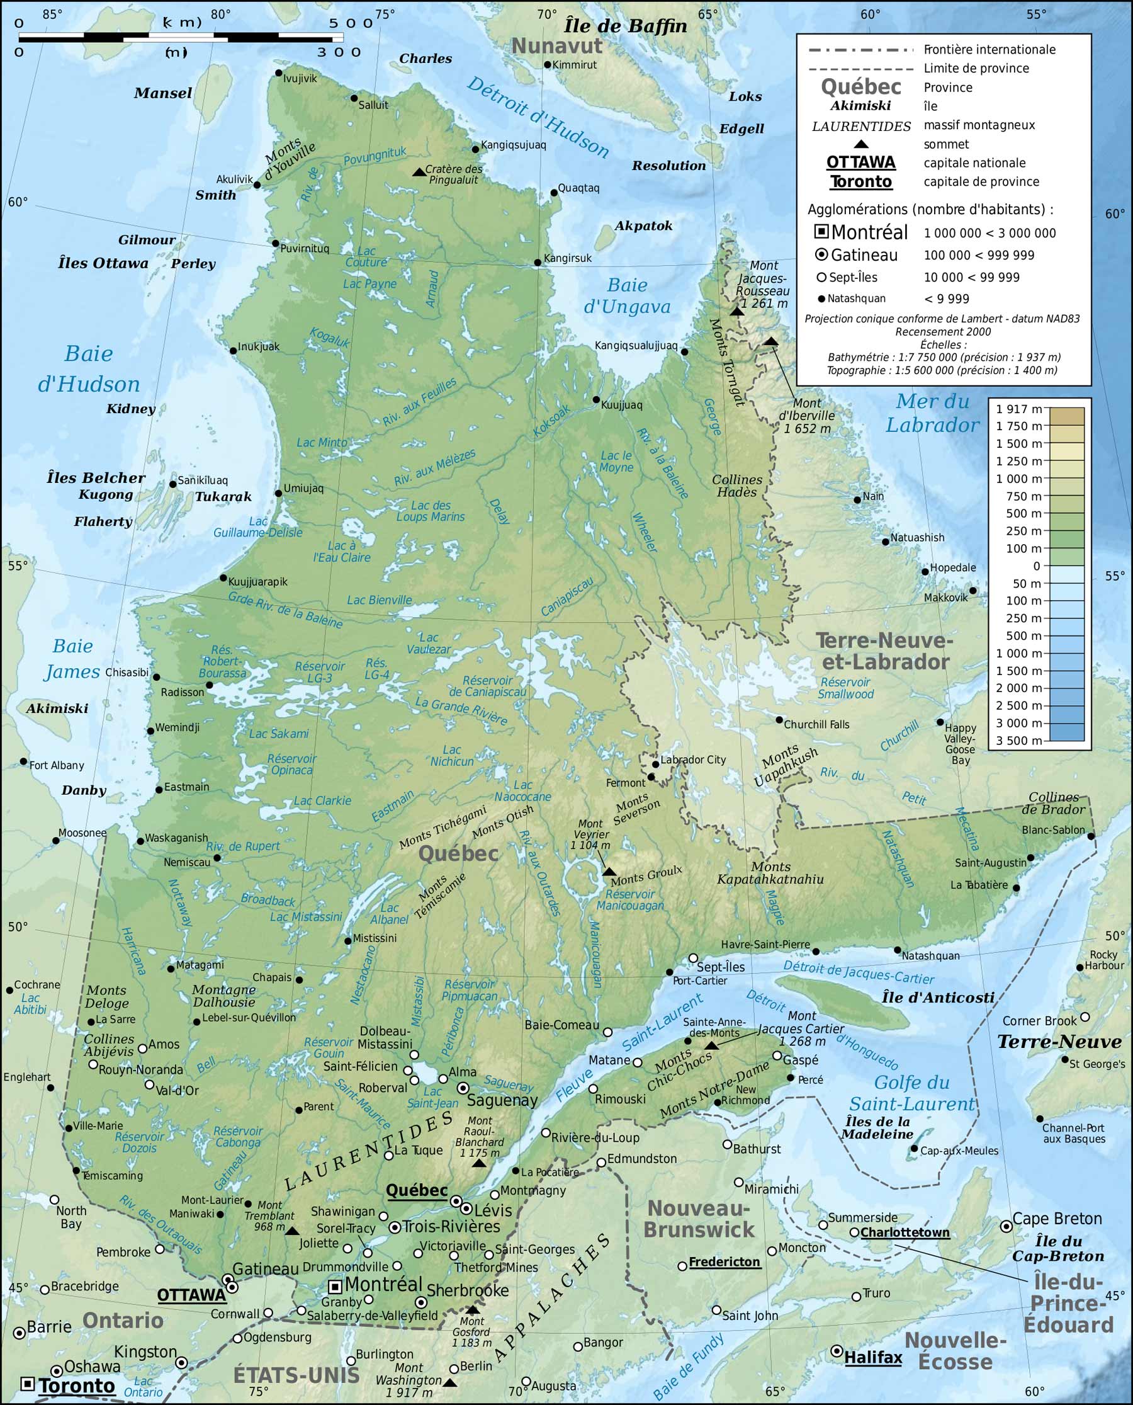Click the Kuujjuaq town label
click(x=621, y=405)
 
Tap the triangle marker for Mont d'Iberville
click(x=771, y=341)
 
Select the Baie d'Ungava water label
click(x=626, y=296)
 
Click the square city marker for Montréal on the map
click(x=335, y=1286)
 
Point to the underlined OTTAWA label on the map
click(x=191, y=1295)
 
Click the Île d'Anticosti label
click(x=938, y=998)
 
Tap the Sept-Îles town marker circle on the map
click(x=693, y=958)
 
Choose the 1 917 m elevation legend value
click(x=1019, y=409)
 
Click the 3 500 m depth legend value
click(x=1019, y=741)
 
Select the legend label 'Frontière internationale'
click(x=989, y=50)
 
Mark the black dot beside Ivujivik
click(x=279, y=73)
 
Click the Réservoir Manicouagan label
click(x=630, y=900)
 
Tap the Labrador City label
click(x=693, y=759)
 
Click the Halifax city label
click(x=872, y=1358)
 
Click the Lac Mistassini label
click(x=305, y=917)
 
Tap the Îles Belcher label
click(x=96, y=478)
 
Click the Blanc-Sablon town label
click(x=1052, y=830)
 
